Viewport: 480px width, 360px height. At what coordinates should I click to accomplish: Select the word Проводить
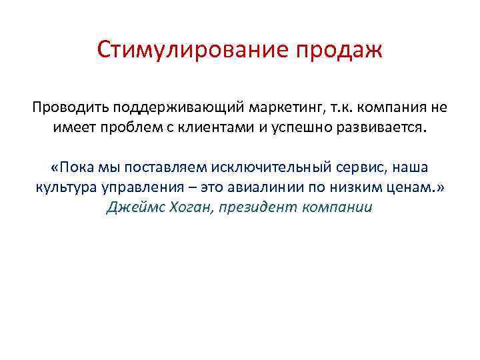(x=71, y=107)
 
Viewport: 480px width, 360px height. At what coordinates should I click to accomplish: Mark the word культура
(x=65, y=187)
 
